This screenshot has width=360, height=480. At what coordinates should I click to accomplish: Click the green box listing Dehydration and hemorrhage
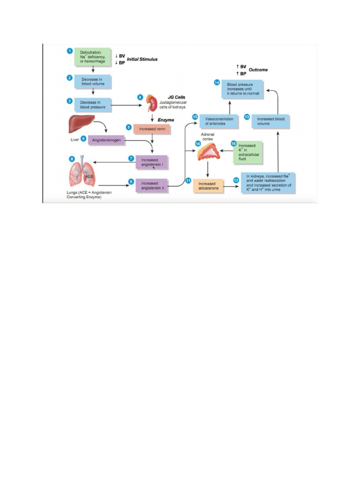point(92,56)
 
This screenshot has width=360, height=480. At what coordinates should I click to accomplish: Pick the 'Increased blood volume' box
point(270,121)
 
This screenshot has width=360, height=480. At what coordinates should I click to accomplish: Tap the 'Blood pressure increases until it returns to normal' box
point(242,89)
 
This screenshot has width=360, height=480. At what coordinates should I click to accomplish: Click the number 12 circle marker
point(236,180)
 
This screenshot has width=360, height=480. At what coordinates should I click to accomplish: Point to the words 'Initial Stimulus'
point(142,60)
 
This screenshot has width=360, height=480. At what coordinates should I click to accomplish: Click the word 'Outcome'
point(258,70)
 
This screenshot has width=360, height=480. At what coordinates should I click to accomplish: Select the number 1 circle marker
point(69,51)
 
